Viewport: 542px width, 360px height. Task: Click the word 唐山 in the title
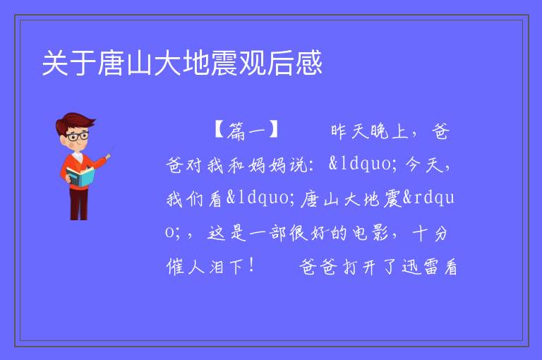125,63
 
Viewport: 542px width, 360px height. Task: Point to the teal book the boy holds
80,176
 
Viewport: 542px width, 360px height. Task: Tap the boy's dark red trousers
79,203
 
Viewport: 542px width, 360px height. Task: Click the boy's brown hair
74,121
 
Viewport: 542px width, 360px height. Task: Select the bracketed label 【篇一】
246,131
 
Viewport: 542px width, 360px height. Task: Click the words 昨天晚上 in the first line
370,131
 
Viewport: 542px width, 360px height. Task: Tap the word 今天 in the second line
424,164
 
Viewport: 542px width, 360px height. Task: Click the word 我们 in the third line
186,199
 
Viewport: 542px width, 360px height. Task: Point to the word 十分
430,233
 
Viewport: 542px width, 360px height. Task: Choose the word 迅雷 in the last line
420,267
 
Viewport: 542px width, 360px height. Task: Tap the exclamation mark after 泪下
251,266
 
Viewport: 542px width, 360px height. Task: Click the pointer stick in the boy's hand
111,152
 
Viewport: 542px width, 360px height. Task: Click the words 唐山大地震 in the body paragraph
351,199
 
